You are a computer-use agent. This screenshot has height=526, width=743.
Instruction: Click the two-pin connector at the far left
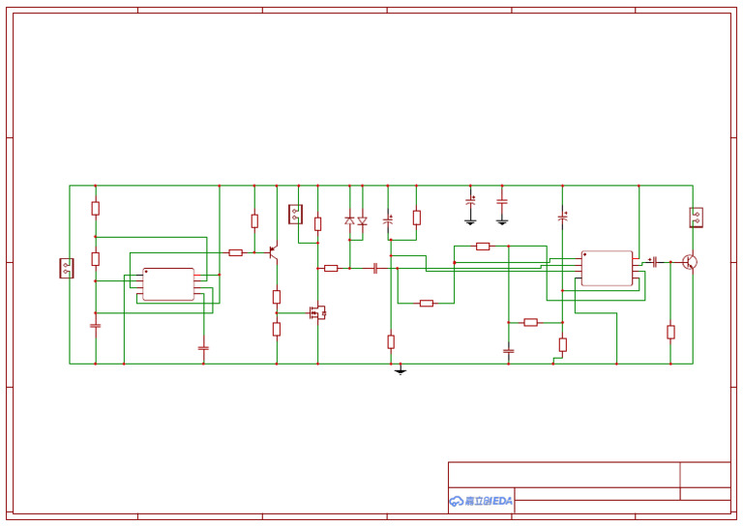67,268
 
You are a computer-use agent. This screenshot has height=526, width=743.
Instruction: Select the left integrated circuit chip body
168,284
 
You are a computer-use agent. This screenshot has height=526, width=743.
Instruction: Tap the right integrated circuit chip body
607,268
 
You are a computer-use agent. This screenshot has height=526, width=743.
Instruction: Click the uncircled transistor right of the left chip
273,252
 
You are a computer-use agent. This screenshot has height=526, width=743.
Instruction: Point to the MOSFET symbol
316,312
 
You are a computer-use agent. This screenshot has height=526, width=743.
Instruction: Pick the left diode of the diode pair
349,221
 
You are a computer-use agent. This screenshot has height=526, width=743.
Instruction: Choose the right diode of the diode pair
363,221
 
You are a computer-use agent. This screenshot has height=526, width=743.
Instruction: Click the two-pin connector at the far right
696,217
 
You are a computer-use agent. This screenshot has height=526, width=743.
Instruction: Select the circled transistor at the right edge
690,261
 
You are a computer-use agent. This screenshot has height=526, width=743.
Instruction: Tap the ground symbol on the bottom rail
401,370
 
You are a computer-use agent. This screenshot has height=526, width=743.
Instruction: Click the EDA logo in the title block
481,501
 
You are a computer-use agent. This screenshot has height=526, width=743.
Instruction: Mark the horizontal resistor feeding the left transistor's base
235,252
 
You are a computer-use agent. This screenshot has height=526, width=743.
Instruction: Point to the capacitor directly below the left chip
203,346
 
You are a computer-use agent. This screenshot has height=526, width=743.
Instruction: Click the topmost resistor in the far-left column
95,208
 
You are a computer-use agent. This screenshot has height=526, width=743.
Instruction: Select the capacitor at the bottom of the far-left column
95,326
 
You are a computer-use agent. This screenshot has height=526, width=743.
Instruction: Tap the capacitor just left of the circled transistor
655,261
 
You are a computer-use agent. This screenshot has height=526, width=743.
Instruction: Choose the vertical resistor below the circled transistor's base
670,332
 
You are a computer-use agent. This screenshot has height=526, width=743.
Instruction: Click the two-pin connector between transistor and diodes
295,214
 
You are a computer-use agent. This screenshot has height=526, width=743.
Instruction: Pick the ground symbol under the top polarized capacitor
470,221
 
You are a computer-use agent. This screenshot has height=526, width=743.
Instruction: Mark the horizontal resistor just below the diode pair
331,268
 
